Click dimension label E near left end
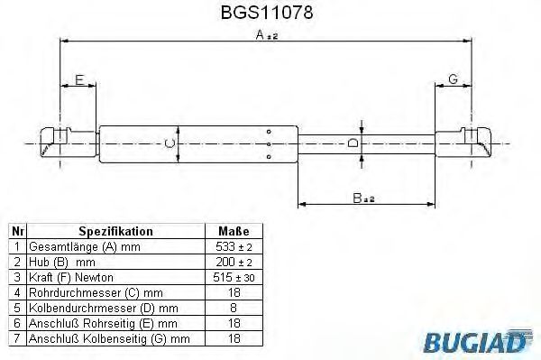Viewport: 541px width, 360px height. (x=79, y=80)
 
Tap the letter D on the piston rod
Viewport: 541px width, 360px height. (x=354, y=143)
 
